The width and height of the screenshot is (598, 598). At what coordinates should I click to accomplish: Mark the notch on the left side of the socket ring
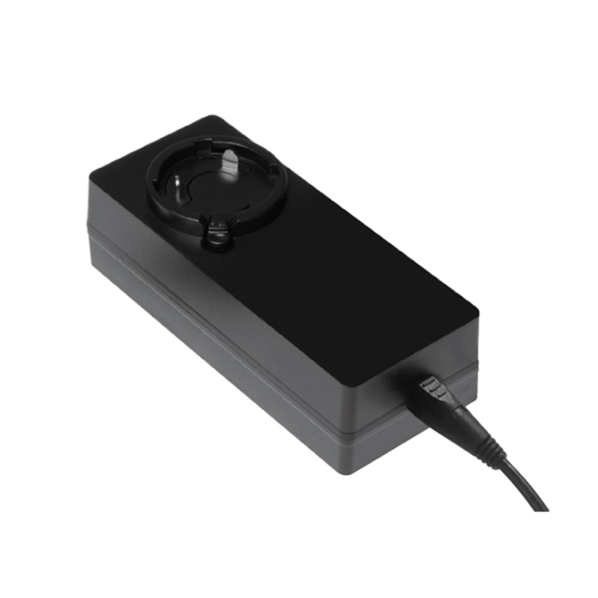coord(153,179)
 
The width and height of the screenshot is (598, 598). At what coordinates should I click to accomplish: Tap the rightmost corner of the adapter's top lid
coord(476,308)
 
